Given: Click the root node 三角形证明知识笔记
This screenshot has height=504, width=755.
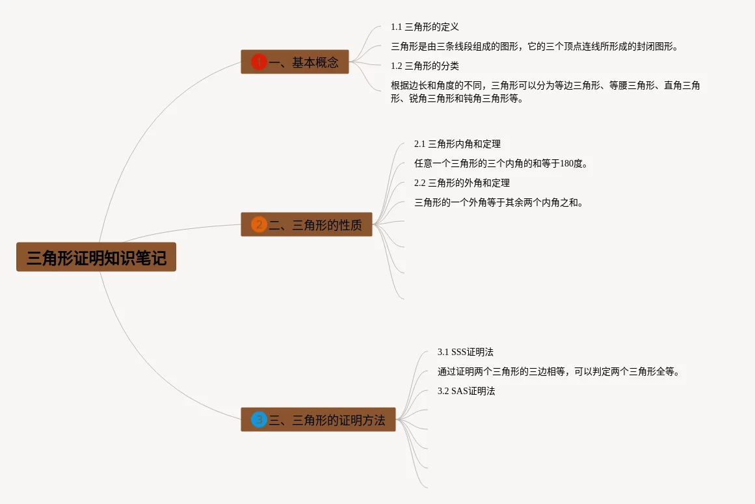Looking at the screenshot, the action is tap(96, 258).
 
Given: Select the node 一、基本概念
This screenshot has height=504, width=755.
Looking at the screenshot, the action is tap(295, 62).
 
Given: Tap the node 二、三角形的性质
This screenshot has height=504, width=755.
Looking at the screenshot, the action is tap(306, 225).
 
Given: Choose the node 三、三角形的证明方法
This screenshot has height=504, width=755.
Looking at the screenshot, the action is tap(318, 420).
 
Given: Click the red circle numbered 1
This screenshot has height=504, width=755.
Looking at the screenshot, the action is tap(259, 62).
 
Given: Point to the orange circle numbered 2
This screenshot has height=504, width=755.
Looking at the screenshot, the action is tap(259, 225).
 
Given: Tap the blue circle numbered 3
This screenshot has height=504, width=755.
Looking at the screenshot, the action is tap(259, 420).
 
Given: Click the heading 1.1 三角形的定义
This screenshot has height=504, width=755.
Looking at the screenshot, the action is tap(425, 27).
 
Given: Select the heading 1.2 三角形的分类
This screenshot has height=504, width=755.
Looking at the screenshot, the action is tap(425, 66).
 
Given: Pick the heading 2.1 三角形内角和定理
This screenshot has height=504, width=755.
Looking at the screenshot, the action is tap(457, 144).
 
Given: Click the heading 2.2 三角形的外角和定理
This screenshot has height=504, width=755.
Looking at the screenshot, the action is tap(462, 183).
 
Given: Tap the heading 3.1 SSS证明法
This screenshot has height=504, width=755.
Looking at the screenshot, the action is tap(466, 352).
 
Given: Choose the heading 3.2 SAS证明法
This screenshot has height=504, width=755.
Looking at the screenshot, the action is tap(466, 391).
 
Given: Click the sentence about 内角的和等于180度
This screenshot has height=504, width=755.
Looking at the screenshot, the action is tap(501, 164).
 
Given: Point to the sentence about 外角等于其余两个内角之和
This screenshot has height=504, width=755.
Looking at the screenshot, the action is tap(499, 203).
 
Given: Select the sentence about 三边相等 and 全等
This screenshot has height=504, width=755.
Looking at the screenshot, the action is tap(559, 372).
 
